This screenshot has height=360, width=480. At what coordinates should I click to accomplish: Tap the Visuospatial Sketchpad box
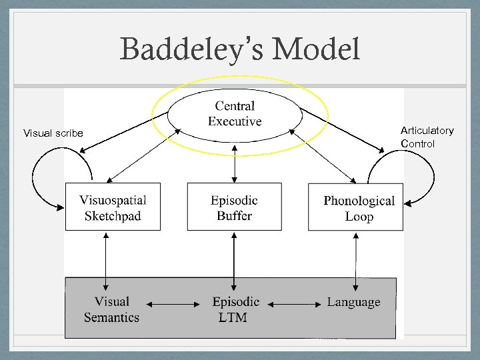click(x=113, y=207)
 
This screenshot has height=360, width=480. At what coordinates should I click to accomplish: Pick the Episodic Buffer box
click(x=234, y=207)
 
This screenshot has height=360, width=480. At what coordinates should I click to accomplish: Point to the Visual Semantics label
click(x=111, y=309)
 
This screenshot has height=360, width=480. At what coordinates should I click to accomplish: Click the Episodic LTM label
click(x=235, y=309)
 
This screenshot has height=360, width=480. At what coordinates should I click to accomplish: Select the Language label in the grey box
click(x=353, y=302)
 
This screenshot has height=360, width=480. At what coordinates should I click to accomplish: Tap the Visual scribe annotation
click(x=53, y=133)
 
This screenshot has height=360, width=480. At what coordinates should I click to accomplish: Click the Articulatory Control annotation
click(x=427, y=137)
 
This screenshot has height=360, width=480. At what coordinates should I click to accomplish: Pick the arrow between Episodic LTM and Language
click(x=295, y=305)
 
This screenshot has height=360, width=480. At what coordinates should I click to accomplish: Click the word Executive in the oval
click(x=235, y=122)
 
